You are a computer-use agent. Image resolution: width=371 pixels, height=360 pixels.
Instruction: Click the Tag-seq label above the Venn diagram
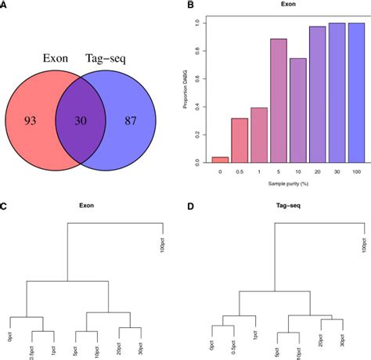108,57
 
